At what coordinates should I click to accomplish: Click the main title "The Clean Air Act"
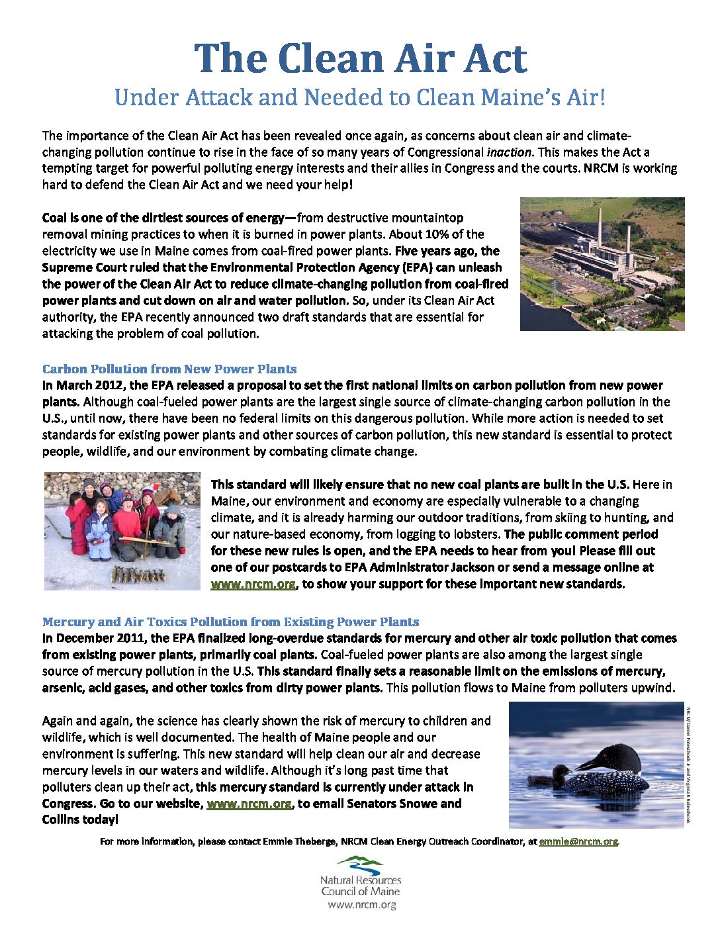click(360, 58)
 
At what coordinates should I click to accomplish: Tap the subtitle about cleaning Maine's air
click(360, 97)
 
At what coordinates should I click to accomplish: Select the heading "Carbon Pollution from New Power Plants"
click(169, 369)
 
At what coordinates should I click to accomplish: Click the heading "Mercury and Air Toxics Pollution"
click(230, 622)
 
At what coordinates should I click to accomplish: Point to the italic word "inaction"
click(508, 152)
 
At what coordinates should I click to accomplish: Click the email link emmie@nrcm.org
click(578, 841)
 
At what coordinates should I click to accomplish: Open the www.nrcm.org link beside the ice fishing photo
click(253, 584)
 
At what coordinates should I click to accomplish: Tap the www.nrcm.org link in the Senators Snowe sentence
click(249, 804)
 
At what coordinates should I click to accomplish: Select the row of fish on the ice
click(138, 573)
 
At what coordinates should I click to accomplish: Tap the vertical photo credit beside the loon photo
click(689, 765)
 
